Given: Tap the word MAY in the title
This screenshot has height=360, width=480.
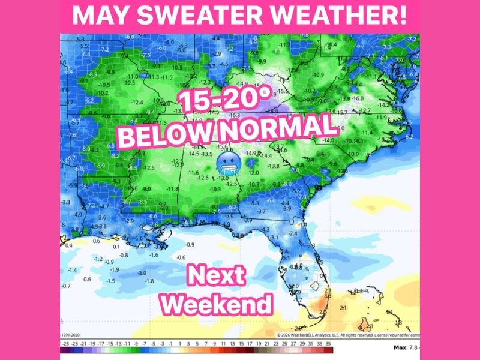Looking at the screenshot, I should (97, 15).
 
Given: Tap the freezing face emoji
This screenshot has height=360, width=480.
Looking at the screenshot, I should (226, 162).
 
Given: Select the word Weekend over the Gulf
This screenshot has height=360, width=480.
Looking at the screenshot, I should (217, 304).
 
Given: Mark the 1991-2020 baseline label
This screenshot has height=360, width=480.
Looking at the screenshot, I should (71, 335).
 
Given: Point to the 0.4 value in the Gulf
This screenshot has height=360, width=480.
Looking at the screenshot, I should (68, 245).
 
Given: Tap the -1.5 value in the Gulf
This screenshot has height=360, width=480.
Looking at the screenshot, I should (110, 280).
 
